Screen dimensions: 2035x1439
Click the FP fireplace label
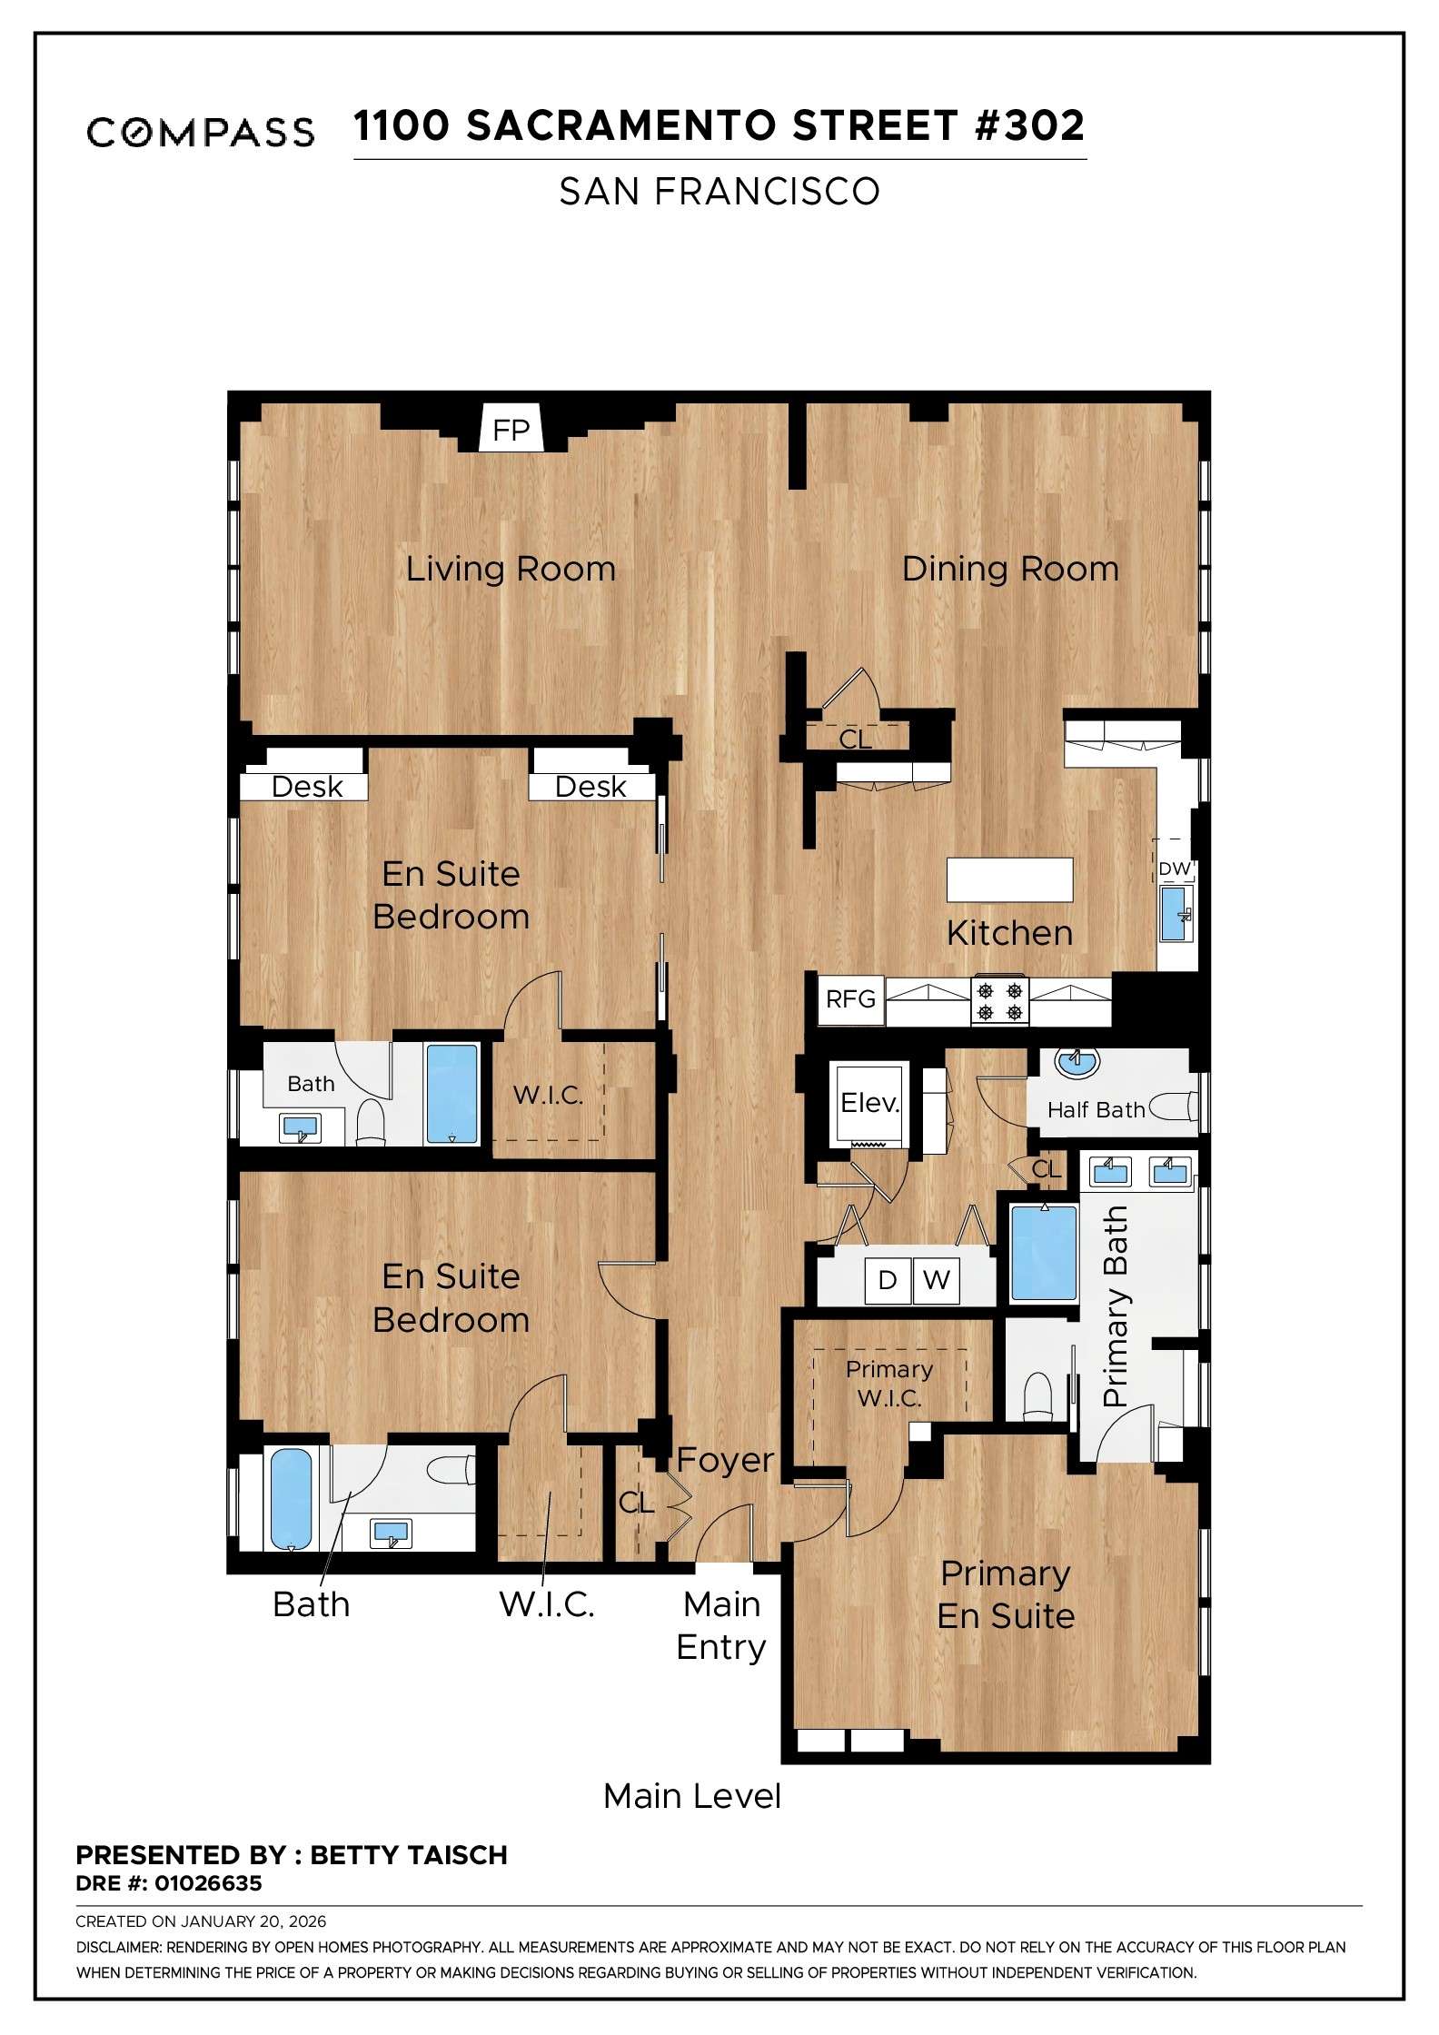click(511, 430)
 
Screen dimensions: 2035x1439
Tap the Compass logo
click(201, 132)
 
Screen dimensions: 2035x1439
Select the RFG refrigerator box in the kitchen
click(850, 999)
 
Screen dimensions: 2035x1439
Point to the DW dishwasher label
click(1174, 869)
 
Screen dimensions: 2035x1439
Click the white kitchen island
click(1009, 879)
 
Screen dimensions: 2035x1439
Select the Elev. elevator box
click(869, 1103)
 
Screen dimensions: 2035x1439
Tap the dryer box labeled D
click(888, 1280)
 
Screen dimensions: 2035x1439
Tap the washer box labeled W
click(936, 1280)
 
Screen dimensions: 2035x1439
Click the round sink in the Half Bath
click(1077, 1061)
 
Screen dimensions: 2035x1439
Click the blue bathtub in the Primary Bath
click(1044, 1252)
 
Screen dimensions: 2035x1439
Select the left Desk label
click(307, 787)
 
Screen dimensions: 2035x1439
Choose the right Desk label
click(590, 787)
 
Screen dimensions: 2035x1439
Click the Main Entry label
click(721, 1625)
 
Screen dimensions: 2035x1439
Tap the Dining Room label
click(1010, 569)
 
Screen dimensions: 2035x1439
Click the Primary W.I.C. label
click(889, 1383)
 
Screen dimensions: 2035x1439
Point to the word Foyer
click(725, 1460)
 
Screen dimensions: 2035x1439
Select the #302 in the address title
click(1029, 125)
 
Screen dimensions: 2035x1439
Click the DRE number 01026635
click(208, 1883)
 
